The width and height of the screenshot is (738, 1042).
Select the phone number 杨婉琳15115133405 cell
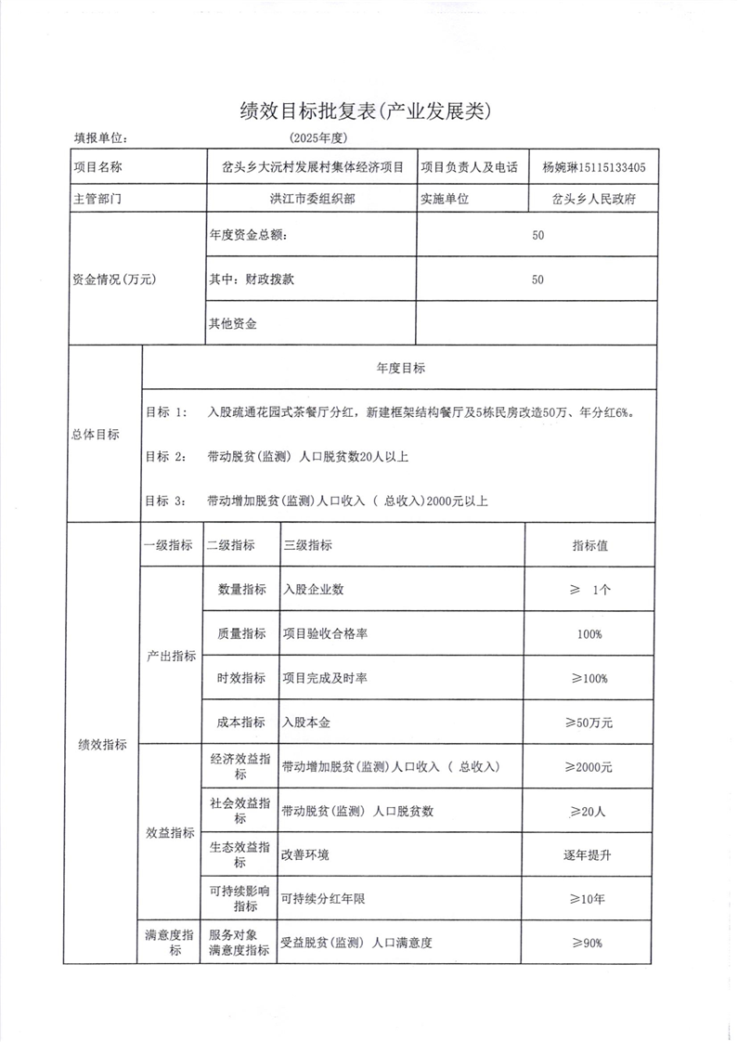593,168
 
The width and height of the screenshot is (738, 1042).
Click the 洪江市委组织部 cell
311,199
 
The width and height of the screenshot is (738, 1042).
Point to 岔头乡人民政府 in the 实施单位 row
593,199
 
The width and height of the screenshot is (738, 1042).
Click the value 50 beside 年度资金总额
537,235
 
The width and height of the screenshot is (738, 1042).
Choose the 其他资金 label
234,324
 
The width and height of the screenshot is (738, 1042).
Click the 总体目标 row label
96,435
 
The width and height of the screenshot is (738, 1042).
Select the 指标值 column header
589,546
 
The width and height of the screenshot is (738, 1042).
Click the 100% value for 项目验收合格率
589,634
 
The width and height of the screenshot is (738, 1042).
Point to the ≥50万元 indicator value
589,721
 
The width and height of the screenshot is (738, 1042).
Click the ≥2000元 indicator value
589,767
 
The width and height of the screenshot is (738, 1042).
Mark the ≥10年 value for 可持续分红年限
589,899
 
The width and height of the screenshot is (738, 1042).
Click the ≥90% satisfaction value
589,943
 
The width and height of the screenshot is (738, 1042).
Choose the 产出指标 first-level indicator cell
171,656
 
